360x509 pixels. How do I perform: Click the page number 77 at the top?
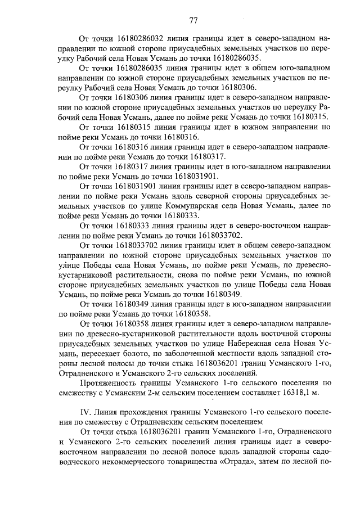pos(193,21)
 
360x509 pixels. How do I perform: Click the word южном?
pos(245,128)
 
